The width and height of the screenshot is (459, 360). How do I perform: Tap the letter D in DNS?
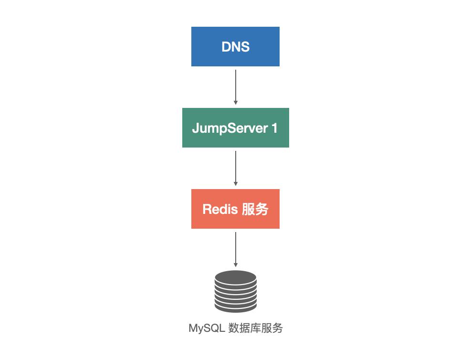(x=226, y=47)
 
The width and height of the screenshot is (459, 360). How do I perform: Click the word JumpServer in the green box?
(x=227, y=128)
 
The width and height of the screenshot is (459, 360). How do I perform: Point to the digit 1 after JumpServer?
(x=274, y=128)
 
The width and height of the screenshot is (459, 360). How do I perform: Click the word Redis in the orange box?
(x=219, y=209)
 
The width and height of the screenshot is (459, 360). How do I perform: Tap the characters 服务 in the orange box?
(x=255, y=209)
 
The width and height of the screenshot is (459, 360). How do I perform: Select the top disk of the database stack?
(x=235, y=276)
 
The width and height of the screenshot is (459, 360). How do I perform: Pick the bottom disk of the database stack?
(x=235, y=306)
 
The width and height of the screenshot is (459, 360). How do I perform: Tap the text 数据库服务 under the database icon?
(x=256, y=328)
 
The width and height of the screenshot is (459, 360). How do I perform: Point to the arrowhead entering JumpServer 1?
(x=236, y=102)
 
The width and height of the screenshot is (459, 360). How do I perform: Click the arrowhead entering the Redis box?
(x=236, y=183)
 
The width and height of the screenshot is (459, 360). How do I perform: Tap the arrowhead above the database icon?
(x=236, y=265)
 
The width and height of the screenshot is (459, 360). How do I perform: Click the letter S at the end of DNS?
(x=245, y=47)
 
